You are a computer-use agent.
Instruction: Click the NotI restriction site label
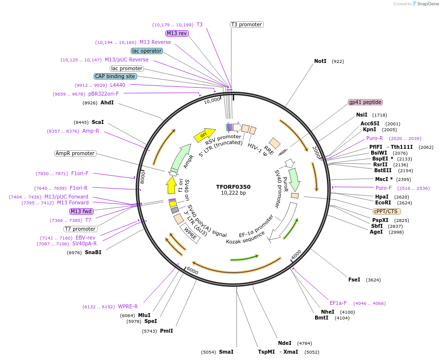click(x=320, y=61)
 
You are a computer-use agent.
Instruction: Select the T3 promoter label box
click(x=246, y=24)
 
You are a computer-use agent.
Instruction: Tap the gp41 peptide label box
click(x=365, y=102)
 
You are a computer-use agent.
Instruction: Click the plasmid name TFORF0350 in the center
click(x=233, y=186)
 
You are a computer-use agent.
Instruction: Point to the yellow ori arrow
click(x=204, y=135)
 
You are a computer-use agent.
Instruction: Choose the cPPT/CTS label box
click(x=386, y=211)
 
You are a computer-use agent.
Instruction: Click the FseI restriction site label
click(x=354, y=280)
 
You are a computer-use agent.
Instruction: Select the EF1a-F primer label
click(x=338, y=303)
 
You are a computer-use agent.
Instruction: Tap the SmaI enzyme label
click(x=226, y=352)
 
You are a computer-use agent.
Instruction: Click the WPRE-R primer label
click(x=128, y=306)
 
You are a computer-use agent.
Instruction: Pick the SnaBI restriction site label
click(x=93, y=252)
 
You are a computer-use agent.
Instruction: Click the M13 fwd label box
click(x=81, y=211)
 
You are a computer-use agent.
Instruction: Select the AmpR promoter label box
click(x=75, y=153)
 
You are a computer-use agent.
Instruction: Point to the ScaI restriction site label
click(x=98, y=122)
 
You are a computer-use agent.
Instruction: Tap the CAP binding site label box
click(x=115, y=76)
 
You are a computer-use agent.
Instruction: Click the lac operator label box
click(x=146, y=51)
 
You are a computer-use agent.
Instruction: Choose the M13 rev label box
click(x=177, y=33)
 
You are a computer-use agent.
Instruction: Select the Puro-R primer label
click(x=375, y=138)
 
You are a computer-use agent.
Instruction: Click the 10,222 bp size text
click(x=233, y=193)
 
